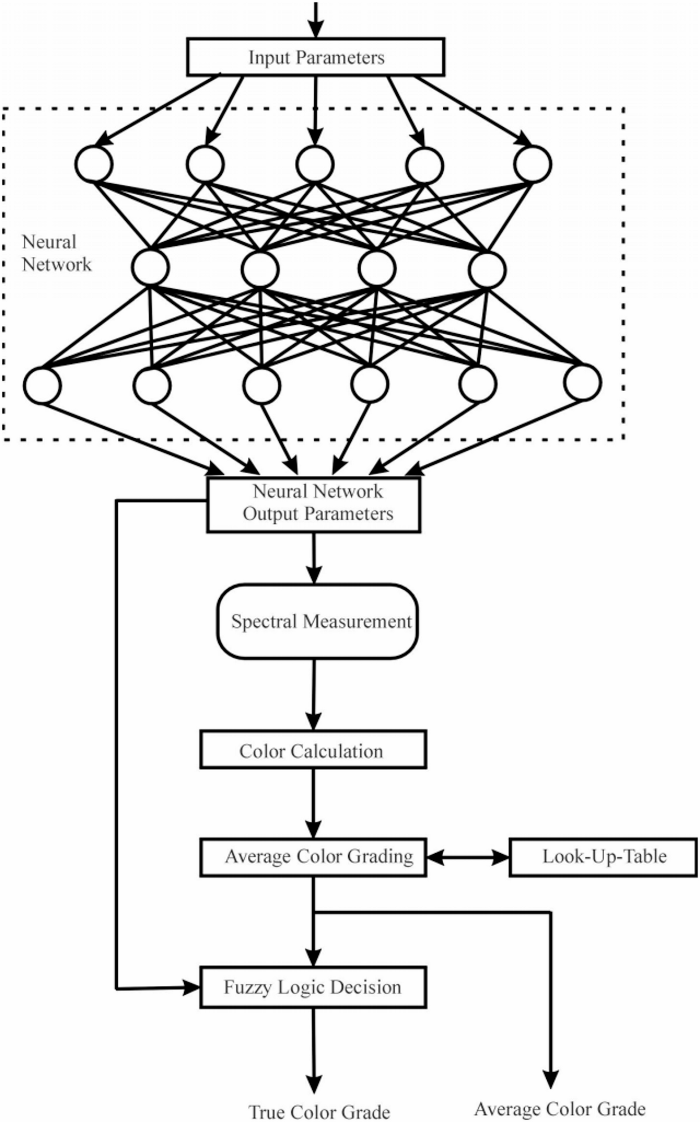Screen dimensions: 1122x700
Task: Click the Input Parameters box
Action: [x=316, y=57]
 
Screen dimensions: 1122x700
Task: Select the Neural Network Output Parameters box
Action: [x=314, y=504]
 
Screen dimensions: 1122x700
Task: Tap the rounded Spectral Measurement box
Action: [x=317, y=621]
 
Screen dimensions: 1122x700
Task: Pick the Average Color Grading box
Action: [x=313, y=857]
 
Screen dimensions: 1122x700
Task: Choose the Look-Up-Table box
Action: [x=603, y=857]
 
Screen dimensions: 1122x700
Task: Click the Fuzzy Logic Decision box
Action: [x=313, y=987]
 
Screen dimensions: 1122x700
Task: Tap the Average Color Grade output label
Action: [x=560, y=1108]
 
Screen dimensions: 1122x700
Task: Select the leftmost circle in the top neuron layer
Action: [x=93, y=164]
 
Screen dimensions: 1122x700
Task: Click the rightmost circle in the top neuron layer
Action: [x=532, y=164]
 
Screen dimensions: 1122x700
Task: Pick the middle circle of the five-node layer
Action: [x=315, y=164]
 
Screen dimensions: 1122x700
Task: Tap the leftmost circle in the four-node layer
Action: [x=150, y=267]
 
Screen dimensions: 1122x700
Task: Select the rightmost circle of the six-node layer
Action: [x=583, y=383]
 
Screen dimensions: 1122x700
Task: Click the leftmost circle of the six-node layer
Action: [x=42, y=385]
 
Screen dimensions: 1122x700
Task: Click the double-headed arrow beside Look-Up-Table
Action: [x=467, y=857]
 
